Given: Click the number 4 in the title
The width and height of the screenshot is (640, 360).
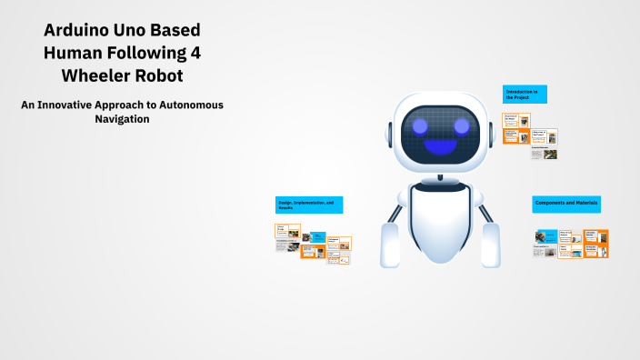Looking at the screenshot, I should [193, 52].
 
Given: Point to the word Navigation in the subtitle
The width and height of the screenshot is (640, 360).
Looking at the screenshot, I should [122, 118].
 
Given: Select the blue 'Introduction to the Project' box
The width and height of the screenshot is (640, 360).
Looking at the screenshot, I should [525, 94].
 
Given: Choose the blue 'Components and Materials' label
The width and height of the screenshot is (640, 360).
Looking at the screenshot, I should [570, 204].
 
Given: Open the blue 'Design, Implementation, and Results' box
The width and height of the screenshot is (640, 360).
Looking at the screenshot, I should [308, 205].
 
